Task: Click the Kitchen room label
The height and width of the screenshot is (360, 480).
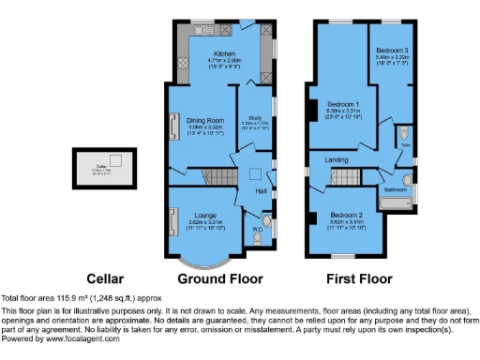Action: (x=225, y=54)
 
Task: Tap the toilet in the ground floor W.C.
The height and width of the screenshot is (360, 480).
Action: (x=258, y=238)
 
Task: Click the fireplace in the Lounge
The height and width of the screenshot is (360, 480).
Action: (x=172, y=222)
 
